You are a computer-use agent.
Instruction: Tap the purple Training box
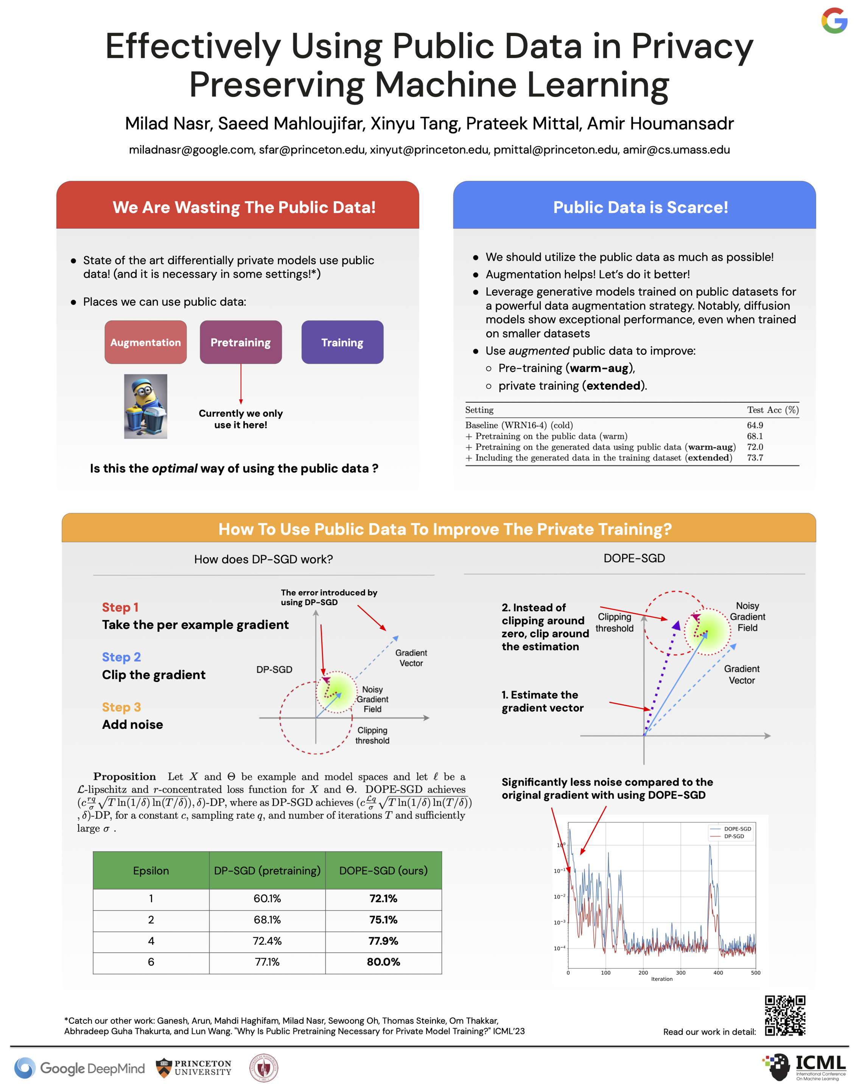point(342,342)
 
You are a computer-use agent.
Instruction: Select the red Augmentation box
point(145,342)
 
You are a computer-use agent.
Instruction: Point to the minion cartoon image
point(145,406)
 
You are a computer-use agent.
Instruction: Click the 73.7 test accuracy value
point(755,458)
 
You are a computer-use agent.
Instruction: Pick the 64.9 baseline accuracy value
point(755,425)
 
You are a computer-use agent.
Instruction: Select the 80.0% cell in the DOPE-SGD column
point(383,962)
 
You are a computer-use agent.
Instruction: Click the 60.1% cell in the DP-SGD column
point(267,898)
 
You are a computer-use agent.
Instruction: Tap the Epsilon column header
point(151,871)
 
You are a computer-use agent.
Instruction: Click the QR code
point(785,1015)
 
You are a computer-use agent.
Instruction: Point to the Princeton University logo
point(194,1068)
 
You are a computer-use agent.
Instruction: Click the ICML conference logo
point(805,1067)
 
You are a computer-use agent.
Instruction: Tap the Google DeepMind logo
point(79,1068)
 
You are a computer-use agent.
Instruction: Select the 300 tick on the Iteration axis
point(680,973)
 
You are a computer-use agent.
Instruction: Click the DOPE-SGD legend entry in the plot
point(737,828)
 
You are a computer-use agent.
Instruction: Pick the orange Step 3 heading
point(121,707)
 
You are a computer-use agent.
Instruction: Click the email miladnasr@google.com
point(191,150)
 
